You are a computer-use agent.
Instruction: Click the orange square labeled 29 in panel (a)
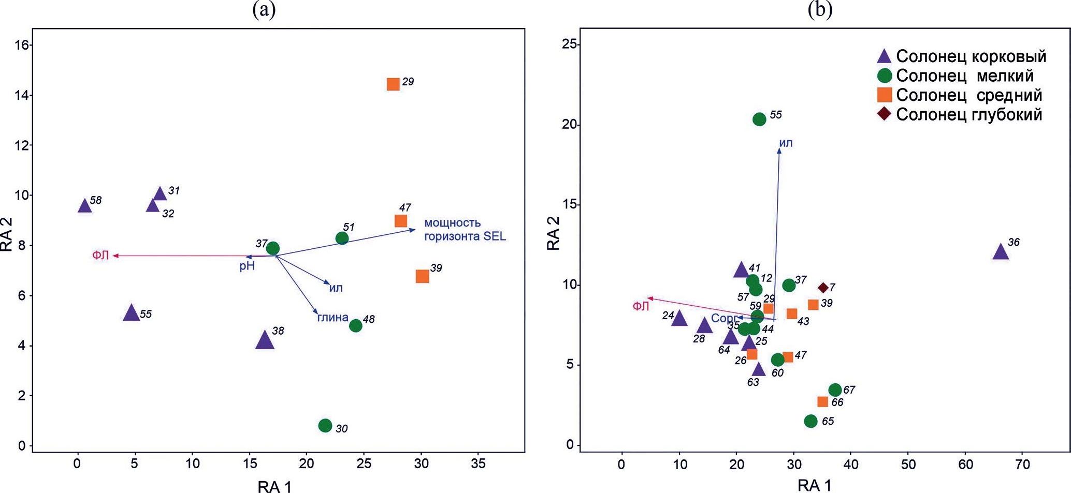pos(393,84)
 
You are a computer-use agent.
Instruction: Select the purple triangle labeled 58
pos(84,206)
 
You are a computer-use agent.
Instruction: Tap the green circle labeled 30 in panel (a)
pos(325,426)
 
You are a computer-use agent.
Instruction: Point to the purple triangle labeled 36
pos(1001,252)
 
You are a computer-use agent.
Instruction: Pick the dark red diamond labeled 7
pos(823,288)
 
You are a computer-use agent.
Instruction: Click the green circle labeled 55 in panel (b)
pos(759,119)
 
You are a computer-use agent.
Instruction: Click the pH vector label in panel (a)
pos(247,266)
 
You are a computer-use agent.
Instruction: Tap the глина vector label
pos(332,318)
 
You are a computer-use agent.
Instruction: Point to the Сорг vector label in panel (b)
pos(723,318)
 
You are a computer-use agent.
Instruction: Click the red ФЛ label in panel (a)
pos(100,255)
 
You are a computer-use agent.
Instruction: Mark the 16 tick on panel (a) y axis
pos(21,45)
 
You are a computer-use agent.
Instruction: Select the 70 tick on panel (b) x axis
pos(1022,465)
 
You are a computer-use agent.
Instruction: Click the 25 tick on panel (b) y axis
pos(569,44)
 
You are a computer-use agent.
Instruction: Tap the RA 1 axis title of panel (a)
pos(274,486)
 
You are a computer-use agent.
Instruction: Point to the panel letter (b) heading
pos(820,10)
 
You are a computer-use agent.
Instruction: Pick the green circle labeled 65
pos(811,421)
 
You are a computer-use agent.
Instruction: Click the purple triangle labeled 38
pos(265,340)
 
